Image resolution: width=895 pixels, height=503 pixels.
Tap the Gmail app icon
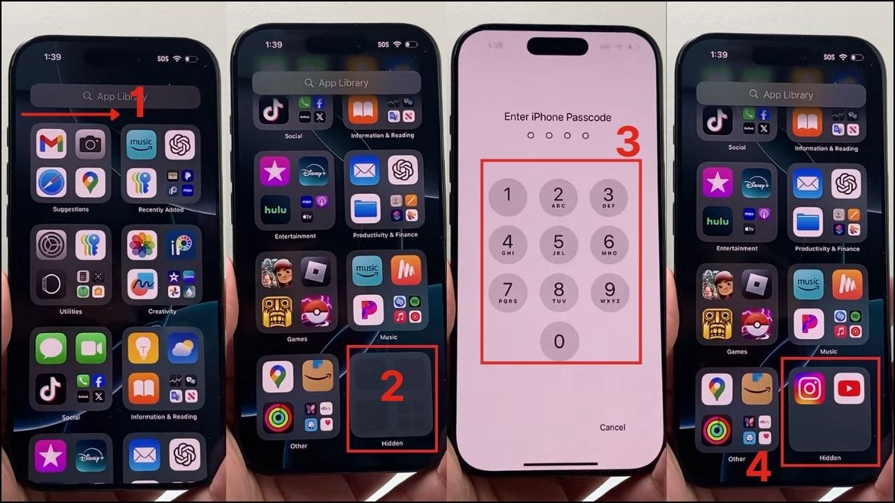tap(51, 145)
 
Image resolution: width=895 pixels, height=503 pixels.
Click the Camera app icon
tap(90, 145)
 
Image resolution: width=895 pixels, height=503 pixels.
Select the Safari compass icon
tap(51, 183)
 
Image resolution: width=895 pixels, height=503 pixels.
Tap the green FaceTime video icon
tap(90, 348)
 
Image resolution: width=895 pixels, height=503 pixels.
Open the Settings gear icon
tap(51, 245)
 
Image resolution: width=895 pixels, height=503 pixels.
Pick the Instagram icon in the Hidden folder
tap(809, 388)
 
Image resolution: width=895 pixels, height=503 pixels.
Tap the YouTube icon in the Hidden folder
tap(849, 388)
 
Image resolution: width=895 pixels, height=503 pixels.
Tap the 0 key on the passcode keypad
tap(559, 341)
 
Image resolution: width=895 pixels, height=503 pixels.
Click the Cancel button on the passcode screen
tap(612, 427)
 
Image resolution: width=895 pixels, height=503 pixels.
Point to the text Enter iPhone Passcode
tap(558, 117)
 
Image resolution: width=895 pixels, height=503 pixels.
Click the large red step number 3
tap(628, 143)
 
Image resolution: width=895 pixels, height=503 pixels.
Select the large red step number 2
tap(392, 386)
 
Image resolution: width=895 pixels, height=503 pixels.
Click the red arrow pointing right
tap(71, 114)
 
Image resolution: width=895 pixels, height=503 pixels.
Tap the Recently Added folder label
tap(161, 210)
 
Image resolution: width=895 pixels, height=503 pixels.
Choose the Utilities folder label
tap(71, 311)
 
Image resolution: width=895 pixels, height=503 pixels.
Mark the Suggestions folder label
tap(71, 209)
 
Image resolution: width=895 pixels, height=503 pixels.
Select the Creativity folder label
tap(162, 311)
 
